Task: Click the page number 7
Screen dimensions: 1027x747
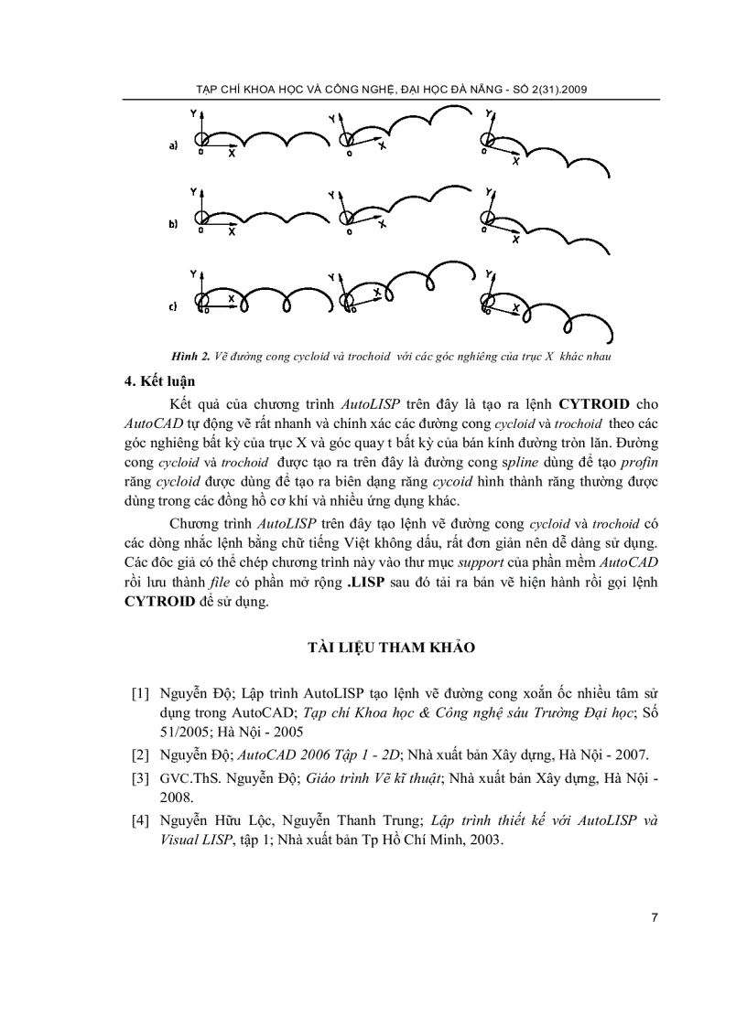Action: [655, 917]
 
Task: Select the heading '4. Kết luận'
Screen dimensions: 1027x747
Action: [160, 380]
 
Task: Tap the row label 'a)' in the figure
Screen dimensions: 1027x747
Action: [173, 144]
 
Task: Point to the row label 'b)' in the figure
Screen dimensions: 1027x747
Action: [173, 224]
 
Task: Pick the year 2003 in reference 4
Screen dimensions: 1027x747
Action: [482, 840]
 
